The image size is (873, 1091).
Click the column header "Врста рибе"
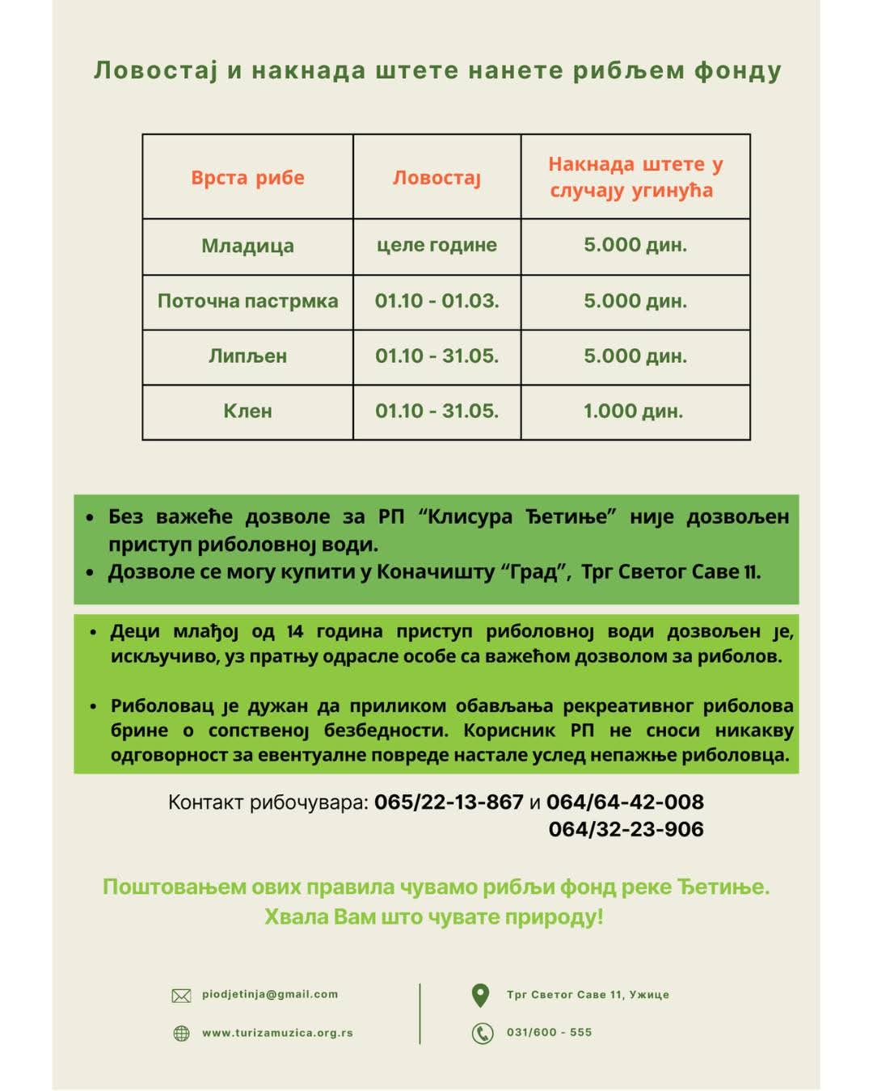[247, 178]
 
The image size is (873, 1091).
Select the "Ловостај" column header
[436, 178]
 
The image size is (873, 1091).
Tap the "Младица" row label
[247, 246]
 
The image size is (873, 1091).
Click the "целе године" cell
[436, 245]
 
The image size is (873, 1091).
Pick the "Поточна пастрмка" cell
[247, 301]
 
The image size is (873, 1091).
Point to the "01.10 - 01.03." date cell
[436, 301]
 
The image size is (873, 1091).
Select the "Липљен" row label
[247, 356]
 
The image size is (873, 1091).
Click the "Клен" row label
[247, 411]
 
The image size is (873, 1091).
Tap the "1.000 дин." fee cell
[634, 411]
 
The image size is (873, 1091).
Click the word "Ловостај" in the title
[156, 71]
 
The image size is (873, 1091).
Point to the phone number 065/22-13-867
[449, 802]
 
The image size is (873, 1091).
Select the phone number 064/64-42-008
[625, 802]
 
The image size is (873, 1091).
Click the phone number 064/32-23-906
[626, 829]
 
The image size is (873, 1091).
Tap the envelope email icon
[182, 996]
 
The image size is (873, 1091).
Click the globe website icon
[182, 1034]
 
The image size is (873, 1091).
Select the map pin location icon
[480, 995]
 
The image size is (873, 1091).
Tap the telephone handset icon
[483, 1033]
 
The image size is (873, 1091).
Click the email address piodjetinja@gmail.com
[270, 995]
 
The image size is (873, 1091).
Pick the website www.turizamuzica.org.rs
[277, 1033]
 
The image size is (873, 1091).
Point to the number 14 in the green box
[294, 631]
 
